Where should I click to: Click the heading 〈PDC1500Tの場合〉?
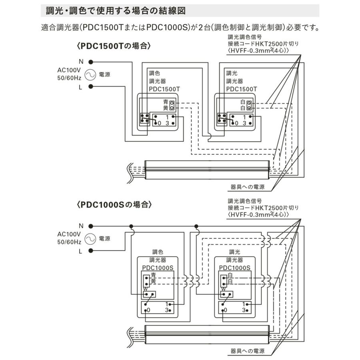[113, 46]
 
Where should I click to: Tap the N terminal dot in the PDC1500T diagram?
[91, 62]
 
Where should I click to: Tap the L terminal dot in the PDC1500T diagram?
[91, 86]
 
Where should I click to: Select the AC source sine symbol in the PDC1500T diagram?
[89, 74]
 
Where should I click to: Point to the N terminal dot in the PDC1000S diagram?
[91, 226]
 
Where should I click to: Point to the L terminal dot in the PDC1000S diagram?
[91, 251]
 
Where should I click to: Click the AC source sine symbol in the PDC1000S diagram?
[89, 239]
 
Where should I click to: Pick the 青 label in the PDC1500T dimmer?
[165, 102]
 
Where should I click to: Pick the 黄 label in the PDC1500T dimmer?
[165, 108]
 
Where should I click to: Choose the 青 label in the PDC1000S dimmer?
[154, 275]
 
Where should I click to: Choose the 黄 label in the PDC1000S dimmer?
[154, 282]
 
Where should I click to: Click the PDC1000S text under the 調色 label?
[158, 268]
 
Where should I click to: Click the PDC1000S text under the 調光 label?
[235, 268]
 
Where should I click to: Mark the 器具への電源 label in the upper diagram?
[247, 187]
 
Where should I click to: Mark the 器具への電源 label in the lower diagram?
[247, 351]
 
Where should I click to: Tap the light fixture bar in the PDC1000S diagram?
[206, 333]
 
